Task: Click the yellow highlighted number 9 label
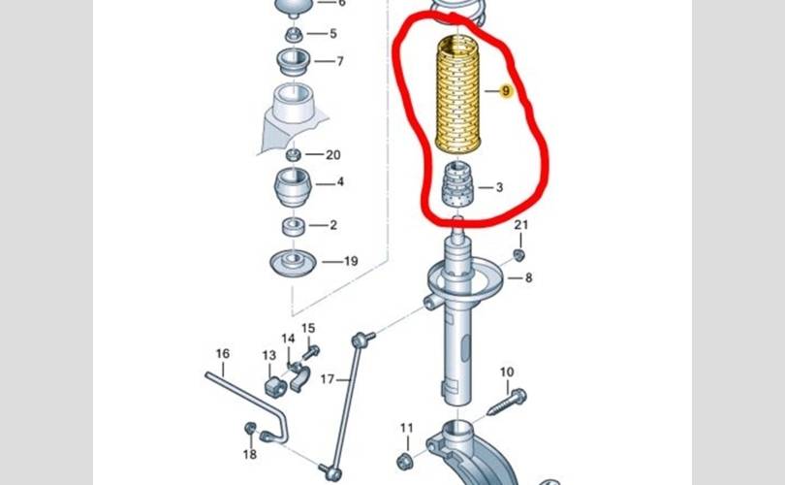pos(506,91)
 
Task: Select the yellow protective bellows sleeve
pos(457,95)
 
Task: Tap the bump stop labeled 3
pos(456,185)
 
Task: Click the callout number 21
pos(521,225)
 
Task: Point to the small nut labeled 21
pos(519,255)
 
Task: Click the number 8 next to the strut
pos(529,277)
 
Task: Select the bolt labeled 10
pos(507,402)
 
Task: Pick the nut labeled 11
pos(405,461)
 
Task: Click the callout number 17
pos(328,379)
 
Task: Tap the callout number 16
pos(223,354)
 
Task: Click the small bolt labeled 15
pos(311,352)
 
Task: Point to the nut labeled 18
pos(250,429)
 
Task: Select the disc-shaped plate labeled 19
pos(293,263)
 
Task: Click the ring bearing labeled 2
pos(294,227)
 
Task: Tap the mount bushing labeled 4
pos(293,187)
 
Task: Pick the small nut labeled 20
pos(294,155)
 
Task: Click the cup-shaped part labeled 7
pos(294,62)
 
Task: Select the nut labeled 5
pos(294,35)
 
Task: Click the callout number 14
pos(288,339)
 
